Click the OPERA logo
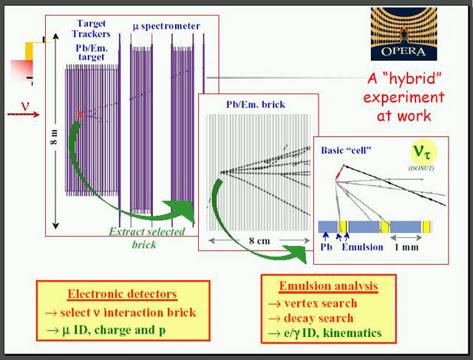click(x=404, y=34)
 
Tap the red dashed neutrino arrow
click(x=23, y=115)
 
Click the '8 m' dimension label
click(x=54, y=137)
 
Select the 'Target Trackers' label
click(x=91, y=29)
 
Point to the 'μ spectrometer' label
click(x=166, y=27)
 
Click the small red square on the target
click(x=81, y=115)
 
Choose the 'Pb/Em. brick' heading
click(x=256, y=104)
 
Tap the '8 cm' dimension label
click(x=259, y=241)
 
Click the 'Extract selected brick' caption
click(x=146, y=238)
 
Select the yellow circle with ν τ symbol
click(x=423, y=152)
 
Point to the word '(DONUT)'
click(x=421, y=169)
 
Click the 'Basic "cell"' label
click(x=346, y=150)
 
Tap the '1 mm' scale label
click(x=406, y=248)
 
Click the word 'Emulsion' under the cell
click(x=362, y=247)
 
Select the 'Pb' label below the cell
click(x=326, y=247)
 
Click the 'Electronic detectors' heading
click(x=122, y=294)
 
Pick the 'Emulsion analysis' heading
click(x=328, y=286)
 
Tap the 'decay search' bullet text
click(x=319, y=318)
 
